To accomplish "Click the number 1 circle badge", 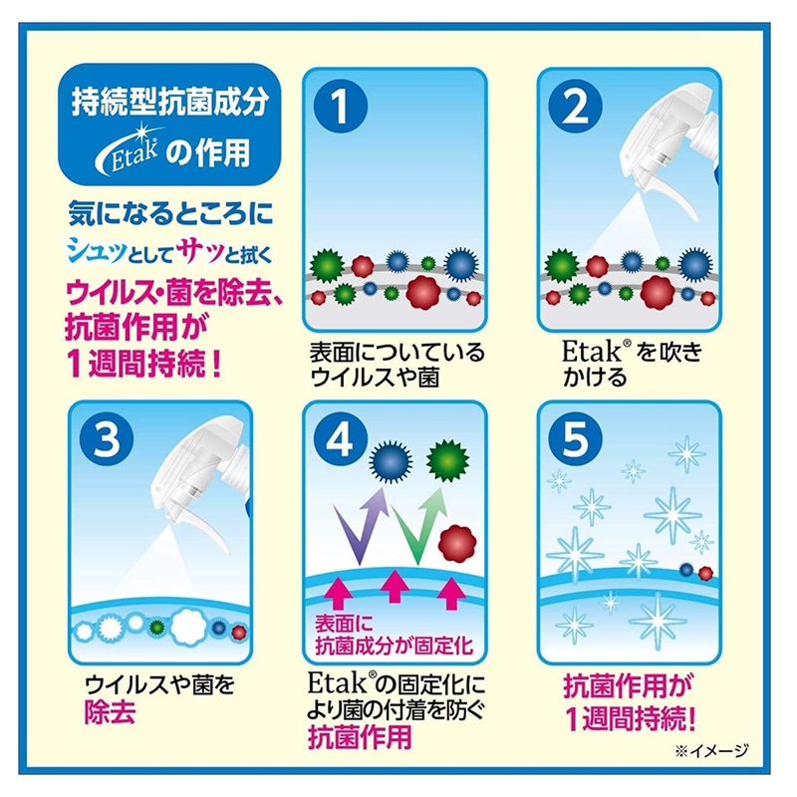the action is tap(341, 107).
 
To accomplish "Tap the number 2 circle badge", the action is tap(576, 107).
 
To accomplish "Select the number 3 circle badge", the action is tap(107, 439).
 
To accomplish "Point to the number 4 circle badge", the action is tap(341, 439).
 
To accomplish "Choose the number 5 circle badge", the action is tap(576, 439).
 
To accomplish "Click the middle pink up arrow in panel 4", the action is tap(395, 586).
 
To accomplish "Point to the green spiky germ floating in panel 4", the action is tap(447, 461).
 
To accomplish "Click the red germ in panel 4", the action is tap(457, 544).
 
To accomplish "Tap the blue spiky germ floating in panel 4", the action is tap(391, 461).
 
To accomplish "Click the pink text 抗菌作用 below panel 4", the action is tap(360, 736).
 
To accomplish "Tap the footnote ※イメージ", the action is tap(712, 750).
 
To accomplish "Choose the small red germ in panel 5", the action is tap(705, 574).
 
